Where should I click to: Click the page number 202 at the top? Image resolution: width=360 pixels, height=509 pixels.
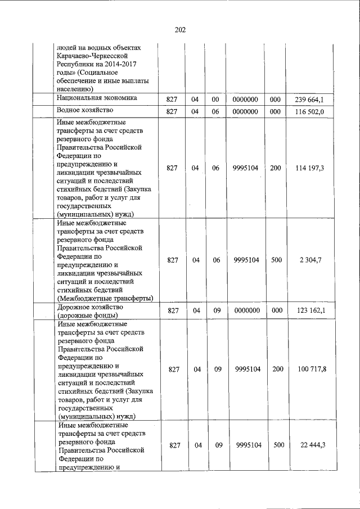[180, 30]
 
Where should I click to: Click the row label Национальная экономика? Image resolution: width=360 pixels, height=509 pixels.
[97, 98]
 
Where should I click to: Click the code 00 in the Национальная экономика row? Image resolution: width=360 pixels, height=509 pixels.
[214, 100]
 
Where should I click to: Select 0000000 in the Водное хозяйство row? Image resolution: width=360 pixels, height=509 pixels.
[245, 111]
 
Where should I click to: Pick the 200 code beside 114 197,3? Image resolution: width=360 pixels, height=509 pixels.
[276, 168]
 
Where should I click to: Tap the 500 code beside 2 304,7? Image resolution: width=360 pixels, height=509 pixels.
[276, 259]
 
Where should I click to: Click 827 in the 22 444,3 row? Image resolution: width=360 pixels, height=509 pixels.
[174, 445]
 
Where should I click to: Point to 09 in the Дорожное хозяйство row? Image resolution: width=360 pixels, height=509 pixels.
[214, 310]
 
